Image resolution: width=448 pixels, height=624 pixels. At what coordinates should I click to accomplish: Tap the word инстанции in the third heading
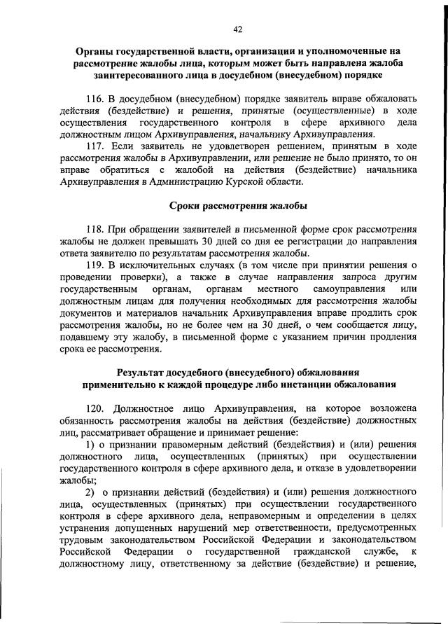tap(298, 384)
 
